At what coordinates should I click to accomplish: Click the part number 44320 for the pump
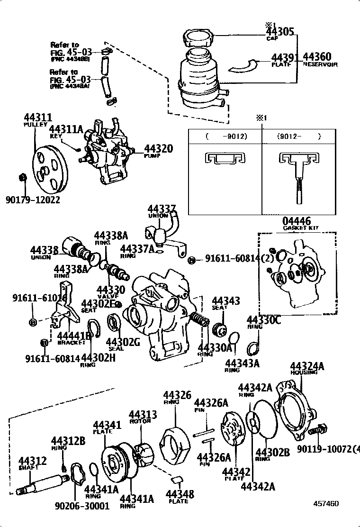coord(158,148)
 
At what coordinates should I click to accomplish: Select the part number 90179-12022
coord(33,200)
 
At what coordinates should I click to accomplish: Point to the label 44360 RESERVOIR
coord(317,58)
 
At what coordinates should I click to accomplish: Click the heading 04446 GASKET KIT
coord(297,221)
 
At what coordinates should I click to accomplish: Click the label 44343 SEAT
coord(225,301)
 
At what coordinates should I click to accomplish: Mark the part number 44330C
coord(264,321)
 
